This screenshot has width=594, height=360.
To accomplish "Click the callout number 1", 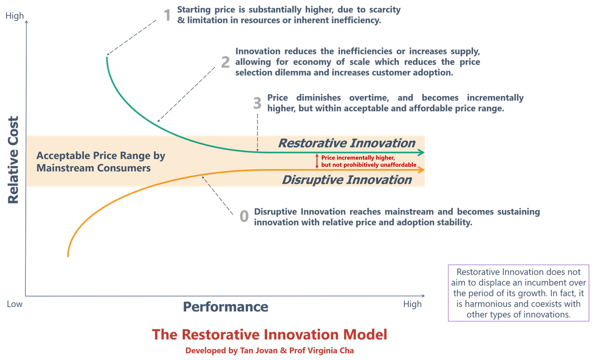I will click(167, 16).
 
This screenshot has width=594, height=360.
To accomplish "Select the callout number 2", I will click(225, 62).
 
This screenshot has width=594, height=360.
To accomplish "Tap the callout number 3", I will click(257, 103).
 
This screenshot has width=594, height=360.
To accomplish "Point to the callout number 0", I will click(244, 216).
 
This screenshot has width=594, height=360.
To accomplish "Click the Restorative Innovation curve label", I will click(346, 144).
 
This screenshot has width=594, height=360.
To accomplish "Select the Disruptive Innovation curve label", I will click(346, 180).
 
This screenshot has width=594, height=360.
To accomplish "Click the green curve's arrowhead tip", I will click(424, 153).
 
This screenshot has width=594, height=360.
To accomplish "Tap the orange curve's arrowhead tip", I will click(424, 170).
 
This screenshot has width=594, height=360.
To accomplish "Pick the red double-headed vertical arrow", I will click(317, 161).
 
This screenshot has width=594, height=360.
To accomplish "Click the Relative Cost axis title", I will click(13, 160).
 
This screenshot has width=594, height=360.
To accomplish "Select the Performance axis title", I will click(225, 307).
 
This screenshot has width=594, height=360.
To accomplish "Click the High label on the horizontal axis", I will click(412, 304).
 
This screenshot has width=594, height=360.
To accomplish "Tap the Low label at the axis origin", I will click(14, 304).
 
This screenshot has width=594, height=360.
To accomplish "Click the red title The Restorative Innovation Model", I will click(270, 334).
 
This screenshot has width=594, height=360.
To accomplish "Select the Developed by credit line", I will click(270, 350).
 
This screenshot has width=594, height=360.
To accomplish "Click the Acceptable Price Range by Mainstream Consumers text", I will click(100, 161).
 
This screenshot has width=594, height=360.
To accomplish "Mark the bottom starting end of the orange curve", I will click(68, 256).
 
